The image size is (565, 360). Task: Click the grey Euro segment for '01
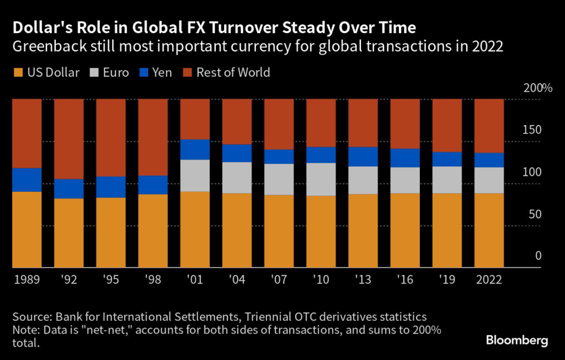pyautogui.click(x=195, y=175)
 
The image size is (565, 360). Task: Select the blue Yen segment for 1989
pyautogui.click(x=27, y=180)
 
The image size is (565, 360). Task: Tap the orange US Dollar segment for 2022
pyautogui.click(x=489, y=230)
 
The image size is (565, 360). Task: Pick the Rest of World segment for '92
pyautogui.click(x=69, y=139)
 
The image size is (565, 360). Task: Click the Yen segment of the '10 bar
pyautogui.click(x=321, y=155)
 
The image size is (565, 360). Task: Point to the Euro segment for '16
pyautogui.click(x=405, y=180)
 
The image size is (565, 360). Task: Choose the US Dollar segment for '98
pyautogui.click(x=153, y=230)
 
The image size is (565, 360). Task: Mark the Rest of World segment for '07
pyautogui.click(x=279, y=124)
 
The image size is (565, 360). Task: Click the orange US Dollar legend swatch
pyautogui.click(x=18, y=73)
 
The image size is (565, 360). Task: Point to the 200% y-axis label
pyautogui.click(x=533, y=88)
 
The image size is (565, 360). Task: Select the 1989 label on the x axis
pyautogui.click(x=27, y=280)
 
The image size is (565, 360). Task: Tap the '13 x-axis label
pyautogui.click(x=363, y=280)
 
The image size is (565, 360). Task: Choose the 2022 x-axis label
pyautogui.click(x=489, y=280)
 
